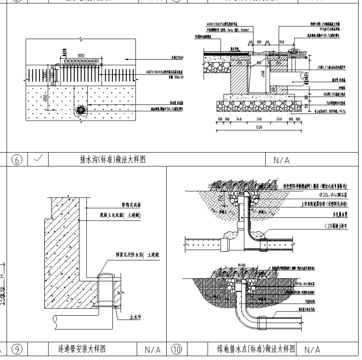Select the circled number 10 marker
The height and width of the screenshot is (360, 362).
176,349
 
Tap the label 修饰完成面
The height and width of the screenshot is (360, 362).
131,204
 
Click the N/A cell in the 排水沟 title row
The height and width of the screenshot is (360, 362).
282,161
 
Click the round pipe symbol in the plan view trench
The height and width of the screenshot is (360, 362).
81,110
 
